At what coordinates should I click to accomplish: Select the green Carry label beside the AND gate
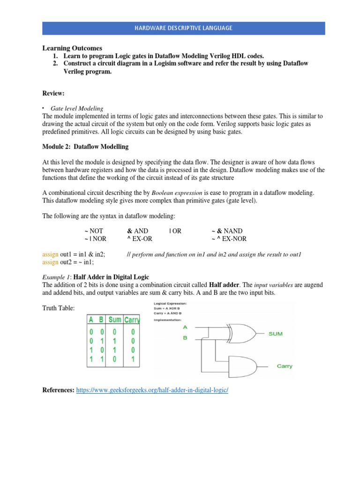[x=284, y=366]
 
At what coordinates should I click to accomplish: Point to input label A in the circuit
[x=185, y=327]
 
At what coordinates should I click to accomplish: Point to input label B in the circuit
[x=185, y=337]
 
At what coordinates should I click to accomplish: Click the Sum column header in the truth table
[x=115, y=320]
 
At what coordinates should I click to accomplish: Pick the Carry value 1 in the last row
[x=132, y=360]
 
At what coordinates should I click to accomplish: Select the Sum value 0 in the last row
[x=114, y=360]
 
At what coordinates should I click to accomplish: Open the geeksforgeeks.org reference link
[x=152, y=390]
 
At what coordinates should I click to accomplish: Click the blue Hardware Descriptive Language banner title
[x=184, y=28]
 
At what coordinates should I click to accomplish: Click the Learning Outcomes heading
[x=72, y=48]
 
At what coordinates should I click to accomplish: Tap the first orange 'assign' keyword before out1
[x=50, y=254]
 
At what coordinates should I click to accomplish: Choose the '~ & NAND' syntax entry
[x=227, y=231]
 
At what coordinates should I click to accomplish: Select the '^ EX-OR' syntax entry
[x=139, y=239]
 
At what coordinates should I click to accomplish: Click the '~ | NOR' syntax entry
[x=95, y=239]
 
